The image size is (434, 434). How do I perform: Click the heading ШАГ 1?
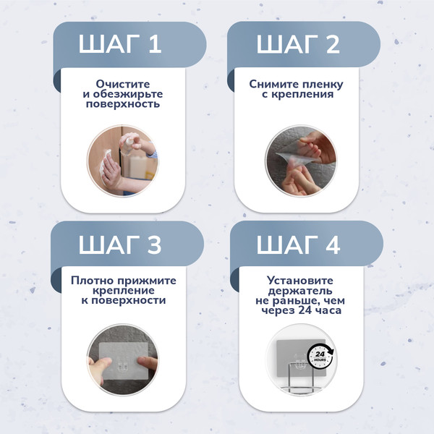(120, 45)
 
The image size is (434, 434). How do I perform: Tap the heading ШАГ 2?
(297, 45)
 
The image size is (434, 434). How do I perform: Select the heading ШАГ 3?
(120, 244)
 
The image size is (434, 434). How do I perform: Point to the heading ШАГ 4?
(297, 244)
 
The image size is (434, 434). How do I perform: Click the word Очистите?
(122, 84)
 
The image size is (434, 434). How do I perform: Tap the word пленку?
(323, 84)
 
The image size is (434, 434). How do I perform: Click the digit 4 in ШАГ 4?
(332, 244)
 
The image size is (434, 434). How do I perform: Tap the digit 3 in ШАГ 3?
(154, 244)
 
